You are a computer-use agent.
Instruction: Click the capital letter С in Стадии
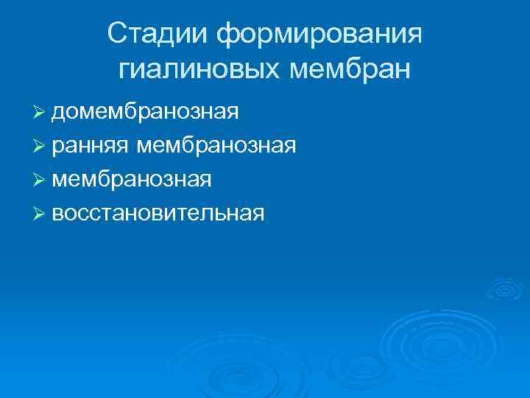[116, 34]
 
